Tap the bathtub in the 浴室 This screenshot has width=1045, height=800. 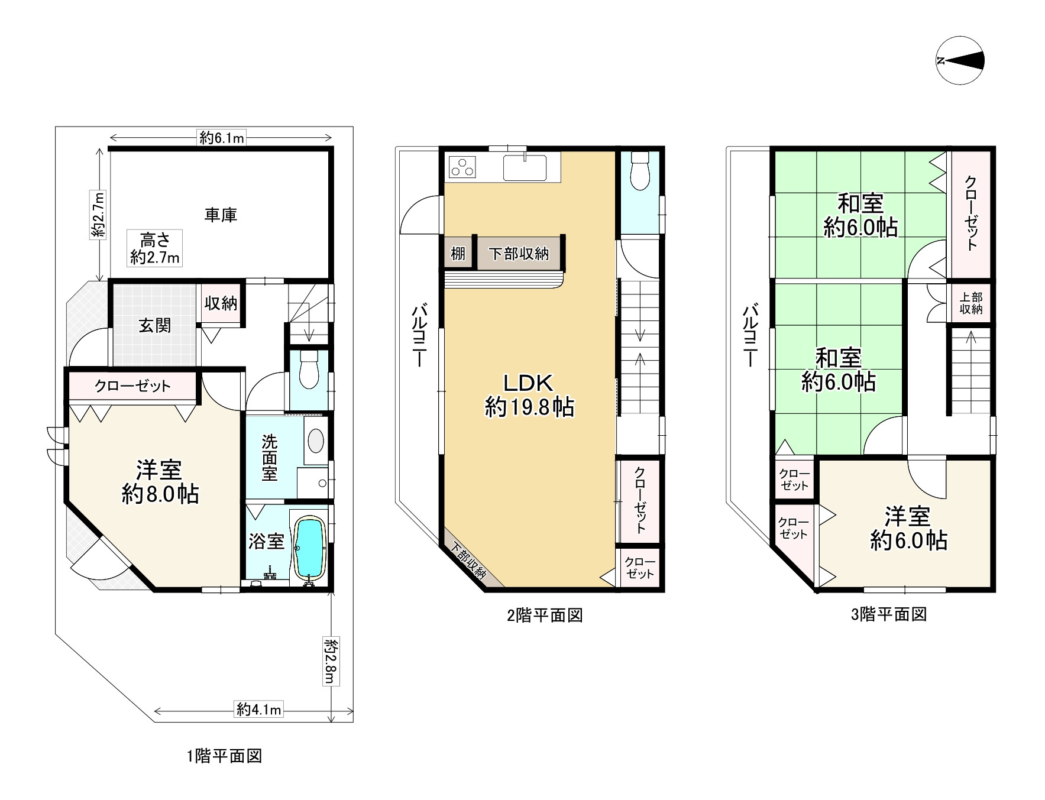point(309,548)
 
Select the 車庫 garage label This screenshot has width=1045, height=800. point(221,215)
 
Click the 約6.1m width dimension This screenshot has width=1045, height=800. point(221,138)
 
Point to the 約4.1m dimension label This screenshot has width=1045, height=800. point(259,709)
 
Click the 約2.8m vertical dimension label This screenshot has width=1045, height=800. point(330,660)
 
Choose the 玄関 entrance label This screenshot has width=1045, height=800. point(155,325)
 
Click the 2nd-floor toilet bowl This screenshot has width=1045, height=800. point(639,170)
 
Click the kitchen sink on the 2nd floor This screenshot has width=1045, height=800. point(525,167)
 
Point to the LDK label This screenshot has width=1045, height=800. point(528,383)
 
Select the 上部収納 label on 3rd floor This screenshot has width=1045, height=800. point(970,303)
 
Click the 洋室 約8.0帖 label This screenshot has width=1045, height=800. point(160,482)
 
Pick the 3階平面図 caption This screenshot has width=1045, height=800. point(888,614)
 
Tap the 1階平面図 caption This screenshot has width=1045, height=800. point(224,756)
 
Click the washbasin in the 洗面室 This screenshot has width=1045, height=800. point(316,441)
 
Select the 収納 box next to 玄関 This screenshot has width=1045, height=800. point(221,304)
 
